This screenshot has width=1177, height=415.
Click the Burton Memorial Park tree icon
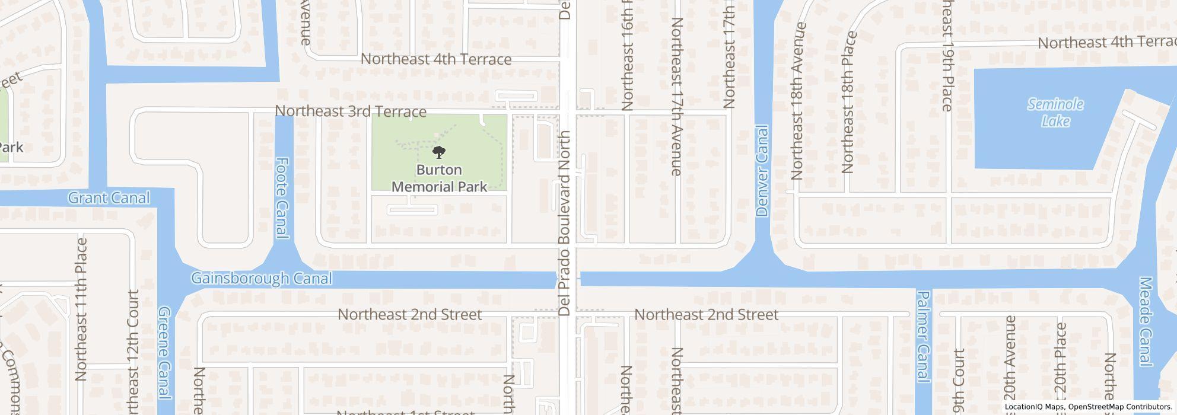pyautogui.click(x=439, y=153)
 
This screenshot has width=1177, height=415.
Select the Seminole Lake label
pyautogui.click(x=1055, y=113)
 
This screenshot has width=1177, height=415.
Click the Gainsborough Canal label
pyautogui.click(x=261, y=278)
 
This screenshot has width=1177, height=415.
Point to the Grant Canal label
pyautogui.click(x=109, y=197)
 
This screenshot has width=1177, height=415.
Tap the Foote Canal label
pyautogui.click(x=282, y=198)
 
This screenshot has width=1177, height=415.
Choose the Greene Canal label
pyautogui.click(x=164, y=352)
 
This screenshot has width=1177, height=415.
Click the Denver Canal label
pyautogui.click(x=762, y=171)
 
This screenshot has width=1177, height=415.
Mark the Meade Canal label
pyautogui.click(x=1146, y=321)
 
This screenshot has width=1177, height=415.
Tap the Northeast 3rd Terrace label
pyautogui.click(x=351, y=111)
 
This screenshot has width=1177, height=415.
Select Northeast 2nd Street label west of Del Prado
pyautogui.click(x=409, y=314)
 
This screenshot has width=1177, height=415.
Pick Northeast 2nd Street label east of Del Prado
pyautogui.click(x=706, y=314)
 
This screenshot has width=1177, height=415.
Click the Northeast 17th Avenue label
pyautogui.click(x=677, y=97)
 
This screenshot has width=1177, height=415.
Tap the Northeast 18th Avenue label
pyautogui.click(x=797, y=101)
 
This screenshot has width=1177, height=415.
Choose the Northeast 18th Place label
pyautogui.click(x=848, y=102)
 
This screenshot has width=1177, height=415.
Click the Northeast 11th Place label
pyautogui.click(x=81, y=309)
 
